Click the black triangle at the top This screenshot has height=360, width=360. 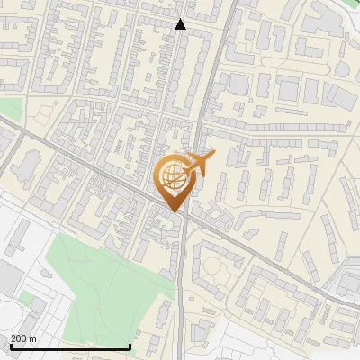[x=181, y=24]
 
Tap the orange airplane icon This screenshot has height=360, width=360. [x=200, y=165]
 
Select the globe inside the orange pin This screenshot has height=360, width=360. [x=171, y=176]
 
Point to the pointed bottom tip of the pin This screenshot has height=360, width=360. [x=173, y=211]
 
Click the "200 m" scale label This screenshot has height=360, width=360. [x=23, y=338]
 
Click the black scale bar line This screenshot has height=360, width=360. [x=70, y=346]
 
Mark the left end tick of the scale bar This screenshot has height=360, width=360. [x=10, y=346]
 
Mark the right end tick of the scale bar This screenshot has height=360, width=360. [x=131, y=346]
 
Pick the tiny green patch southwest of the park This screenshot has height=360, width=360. [x=27, y=296]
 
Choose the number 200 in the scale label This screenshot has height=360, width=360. [x=19, y=338]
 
